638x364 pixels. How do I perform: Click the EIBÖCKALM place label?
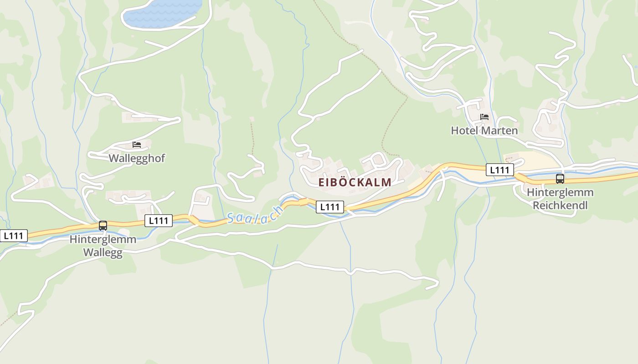coord(355,182)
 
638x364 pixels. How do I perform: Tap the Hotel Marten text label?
coord(484,131)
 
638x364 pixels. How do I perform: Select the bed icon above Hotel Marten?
coord(484,117)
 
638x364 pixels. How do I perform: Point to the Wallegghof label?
coord(137,158)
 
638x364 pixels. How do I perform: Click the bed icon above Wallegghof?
coord(137,145)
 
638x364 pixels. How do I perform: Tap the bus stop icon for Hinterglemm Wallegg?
coord(103,225)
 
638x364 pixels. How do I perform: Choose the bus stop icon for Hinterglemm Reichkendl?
coord(560,179)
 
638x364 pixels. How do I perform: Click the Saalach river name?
coord(255,216)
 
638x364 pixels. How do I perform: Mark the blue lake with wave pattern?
coord(162,13)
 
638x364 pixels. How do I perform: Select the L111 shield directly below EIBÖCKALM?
coord(330,207)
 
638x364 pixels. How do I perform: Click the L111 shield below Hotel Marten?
coord(500,170)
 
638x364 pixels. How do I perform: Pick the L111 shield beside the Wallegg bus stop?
coord(159,221)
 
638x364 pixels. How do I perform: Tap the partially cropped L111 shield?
coord(14,236)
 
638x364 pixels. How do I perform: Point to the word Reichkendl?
coord(560,205)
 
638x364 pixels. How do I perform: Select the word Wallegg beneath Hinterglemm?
coord(103,253)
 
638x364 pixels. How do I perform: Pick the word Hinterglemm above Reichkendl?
coord(560,192)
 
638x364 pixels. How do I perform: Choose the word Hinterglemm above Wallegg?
coord(103,239)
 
